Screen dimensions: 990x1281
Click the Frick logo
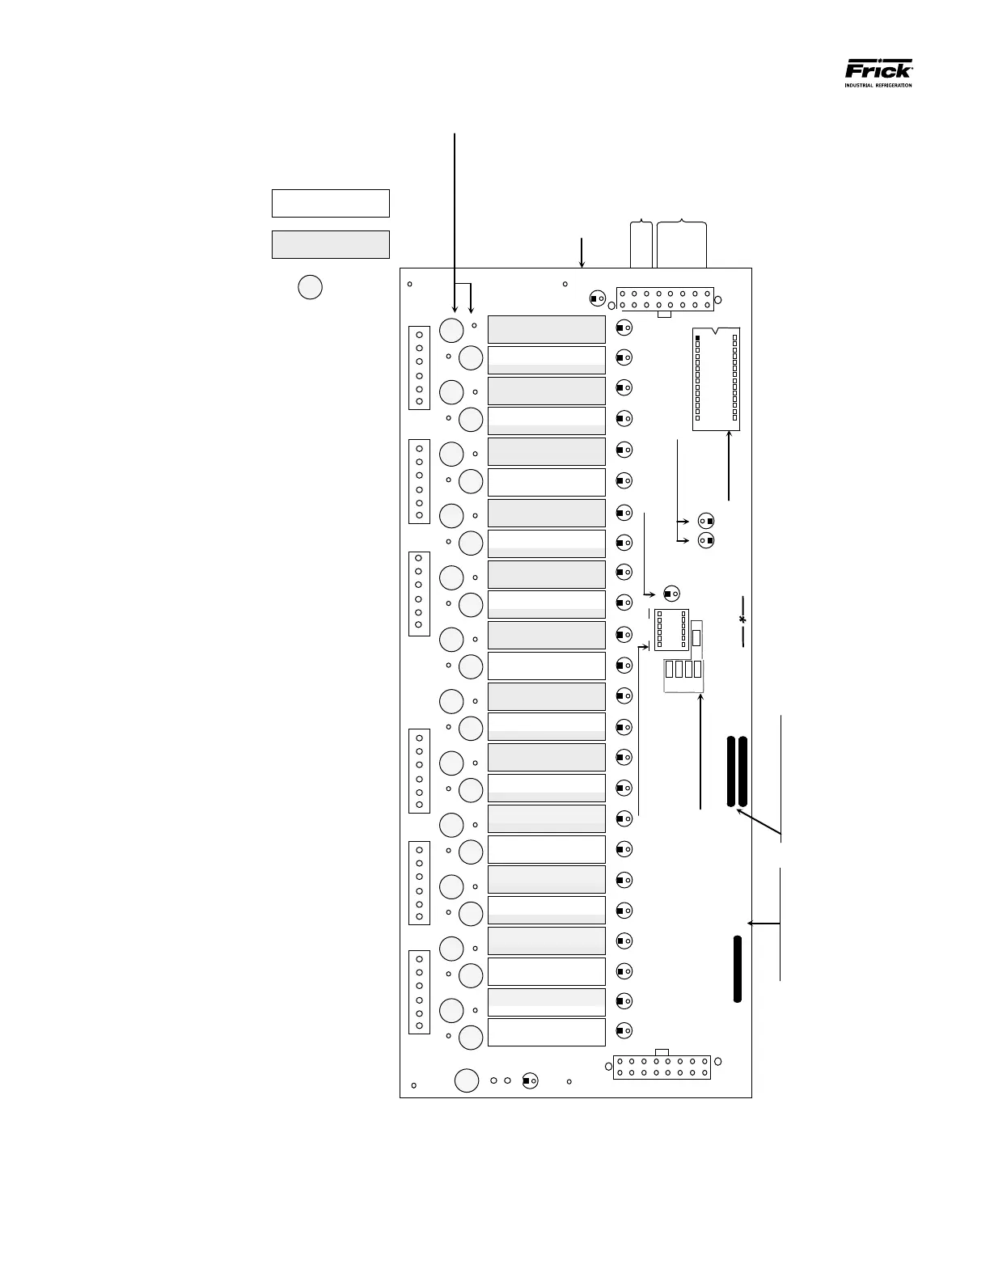tap(878, 69)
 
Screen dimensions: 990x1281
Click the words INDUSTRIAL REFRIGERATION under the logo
tap(878, 85)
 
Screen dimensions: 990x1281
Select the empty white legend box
tap(330, 203)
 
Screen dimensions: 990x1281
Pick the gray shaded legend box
tap(330, 244)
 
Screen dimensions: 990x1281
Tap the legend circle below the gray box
tap(310, 287)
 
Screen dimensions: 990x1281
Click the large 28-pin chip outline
tap(717, 378)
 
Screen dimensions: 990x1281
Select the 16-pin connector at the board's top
tap(665, 298)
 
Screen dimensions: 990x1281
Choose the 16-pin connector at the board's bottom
tap(662, 1067)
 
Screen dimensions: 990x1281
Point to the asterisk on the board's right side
tap(742, 620)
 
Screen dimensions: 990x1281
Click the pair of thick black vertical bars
tap(737, 772)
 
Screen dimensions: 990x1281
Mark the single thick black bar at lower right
tap(738, 969)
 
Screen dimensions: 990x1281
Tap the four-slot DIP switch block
tap(683, 669)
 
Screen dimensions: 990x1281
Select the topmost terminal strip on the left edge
tap(419, 368)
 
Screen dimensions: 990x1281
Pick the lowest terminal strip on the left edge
tap(419, 991)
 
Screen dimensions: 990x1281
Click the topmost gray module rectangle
tap(547, 329)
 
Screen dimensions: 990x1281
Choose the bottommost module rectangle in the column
tap(547, 1032)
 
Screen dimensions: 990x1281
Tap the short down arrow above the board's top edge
tap(582, 253)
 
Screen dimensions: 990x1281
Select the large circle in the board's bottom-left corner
tap(467, 1080)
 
